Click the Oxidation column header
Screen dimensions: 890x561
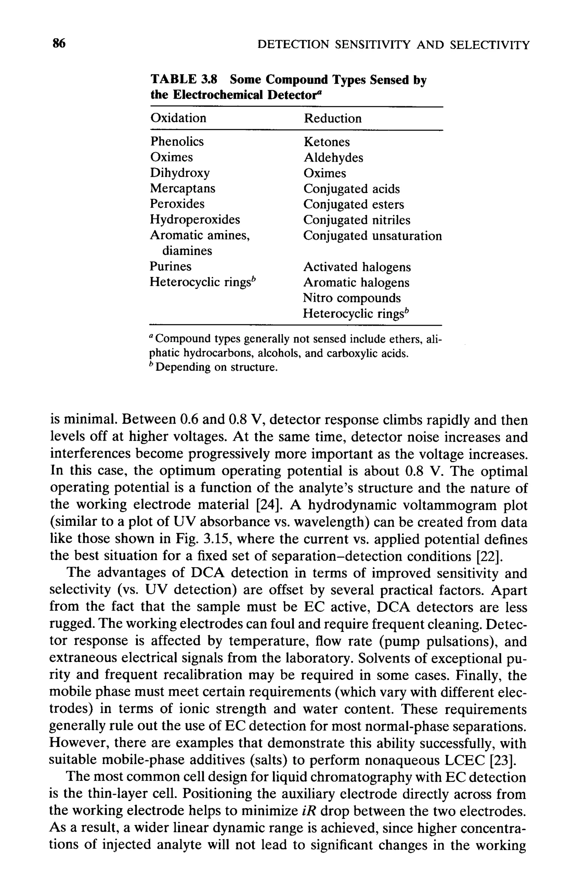tap(178, 118)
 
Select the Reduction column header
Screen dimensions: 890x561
tap(332, 119)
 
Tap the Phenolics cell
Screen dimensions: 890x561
tap(176, 141)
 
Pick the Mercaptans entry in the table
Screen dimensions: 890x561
tap(182, 188)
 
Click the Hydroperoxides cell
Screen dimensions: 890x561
tap(195, 220)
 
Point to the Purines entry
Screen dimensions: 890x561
tap(170, 267)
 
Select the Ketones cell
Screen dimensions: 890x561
tap(327, 142)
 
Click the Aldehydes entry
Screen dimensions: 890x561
tap(333, 158)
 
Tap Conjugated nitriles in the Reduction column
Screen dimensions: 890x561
tap(356, 220)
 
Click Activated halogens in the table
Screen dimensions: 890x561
tap(357, 267)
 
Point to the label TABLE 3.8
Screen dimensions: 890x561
tap(184, 80)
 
